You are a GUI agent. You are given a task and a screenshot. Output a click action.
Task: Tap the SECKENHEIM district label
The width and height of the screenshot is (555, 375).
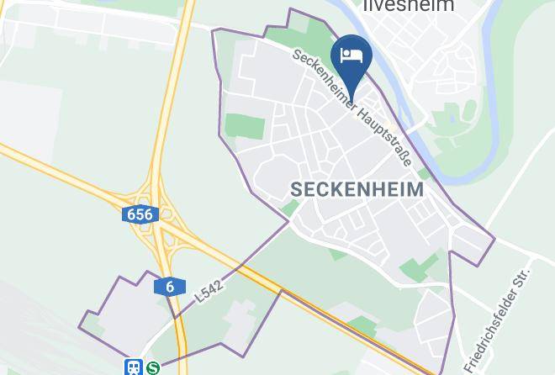pyautogui.click(x=357, y=190)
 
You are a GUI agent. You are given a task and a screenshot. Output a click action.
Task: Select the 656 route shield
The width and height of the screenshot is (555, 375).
pyautogui.click(x=140, y=214)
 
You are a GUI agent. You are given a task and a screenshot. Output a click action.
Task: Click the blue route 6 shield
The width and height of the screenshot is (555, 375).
pyautogui.click(x=170, y=287)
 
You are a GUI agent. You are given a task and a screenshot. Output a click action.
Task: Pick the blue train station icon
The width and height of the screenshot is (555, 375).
pyautogui.click(x=134, y=367)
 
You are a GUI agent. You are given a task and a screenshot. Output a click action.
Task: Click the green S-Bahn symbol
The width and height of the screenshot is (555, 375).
pyautogui.click(x=153, y=367)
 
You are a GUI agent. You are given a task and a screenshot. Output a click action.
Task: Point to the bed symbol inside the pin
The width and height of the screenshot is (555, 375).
pyautogui.click(x=351, y=55)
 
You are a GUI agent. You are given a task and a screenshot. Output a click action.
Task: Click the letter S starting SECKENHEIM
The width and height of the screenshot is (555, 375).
pyautogui.click(x=296, y=190)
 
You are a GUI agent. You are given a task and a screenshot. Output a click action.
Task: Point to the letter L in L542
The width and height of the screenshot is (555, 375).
pyautogui.click(x=198, y=296)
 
